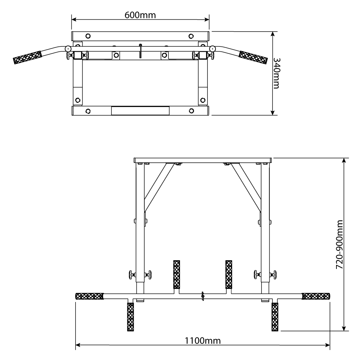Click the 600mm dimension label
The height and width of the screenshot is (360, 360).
click(140, 15)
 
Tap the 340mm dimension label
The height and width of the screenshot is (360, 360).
click(276, 73)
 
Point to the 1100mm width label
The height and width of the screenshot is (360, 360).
click(203, 341)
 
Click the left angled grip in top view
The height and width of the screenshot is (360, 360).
click(27, 57)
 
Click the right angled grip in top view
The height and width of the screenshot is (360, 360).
click(253, 57)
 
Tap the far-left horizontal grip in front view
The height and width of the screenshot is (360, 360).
click(90, 296)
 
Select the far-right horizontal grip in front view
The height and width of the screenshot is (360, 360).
click(316, 296)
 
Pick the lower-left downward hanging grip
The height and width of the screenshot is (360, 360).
click(130, 317)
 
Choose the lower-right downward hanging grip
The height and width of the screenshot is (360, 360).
click(275, 317)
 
